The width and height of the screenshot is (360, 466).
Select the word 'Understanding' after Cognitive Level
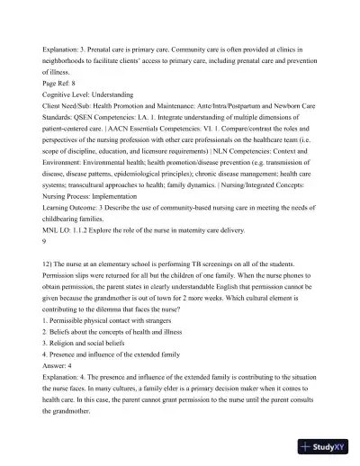(x=113, y=93)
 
